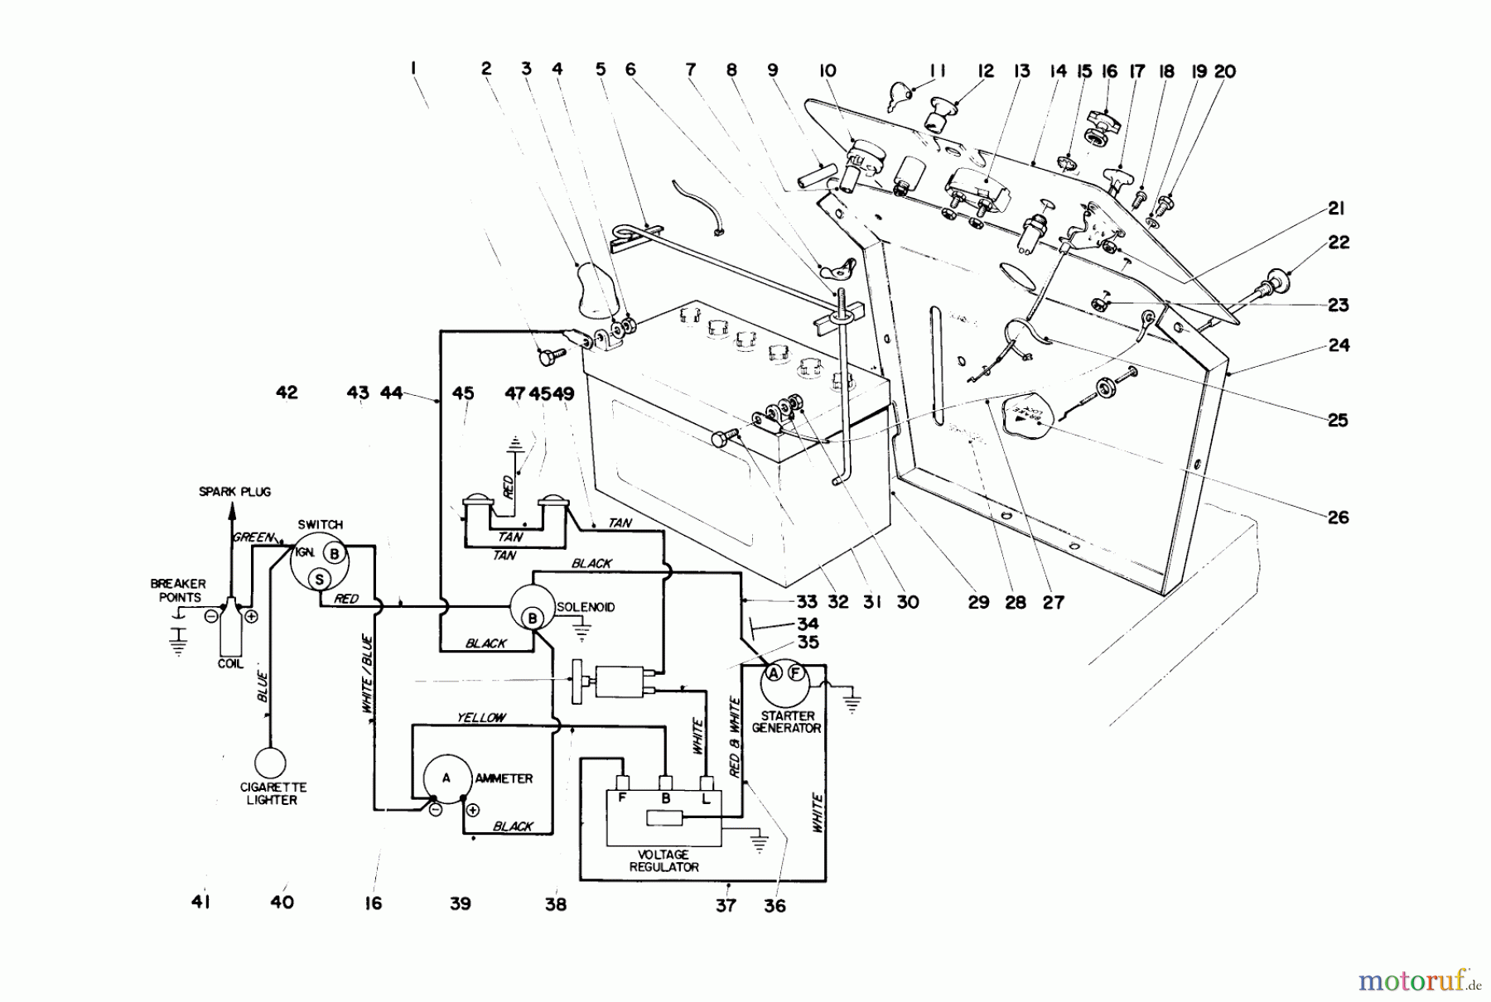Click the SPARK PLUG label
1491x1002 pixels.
[235, 491]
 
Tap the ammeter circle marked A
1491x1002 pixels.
[446, 778]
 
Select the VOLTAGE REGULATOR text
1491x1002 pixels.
[663, 860]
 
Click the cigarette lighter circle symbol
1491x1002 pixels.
[270, 763]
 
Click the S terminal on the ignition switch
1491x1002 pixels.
[319, 578]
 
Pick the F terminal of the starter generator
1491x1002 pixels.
[795, 672]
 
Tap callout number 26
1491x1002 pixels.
[1339, 518]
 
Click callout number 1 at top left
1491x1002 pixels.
[412, 70]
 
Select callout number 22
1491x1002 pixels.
[1339, 242]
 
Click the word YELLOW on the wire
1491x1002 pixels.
[480, 718]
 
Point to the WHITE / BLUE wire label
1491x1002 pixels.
[367, 675]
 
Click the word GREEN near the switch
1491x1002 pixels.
[253, 537]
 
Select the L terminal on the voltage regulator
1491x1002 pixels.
[707, 798]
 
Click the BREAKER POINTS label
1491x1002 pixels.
[178, 590]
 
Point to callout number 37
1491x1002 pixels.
[726, 905]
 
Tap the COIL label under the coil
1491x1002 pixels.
[230, 663]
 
